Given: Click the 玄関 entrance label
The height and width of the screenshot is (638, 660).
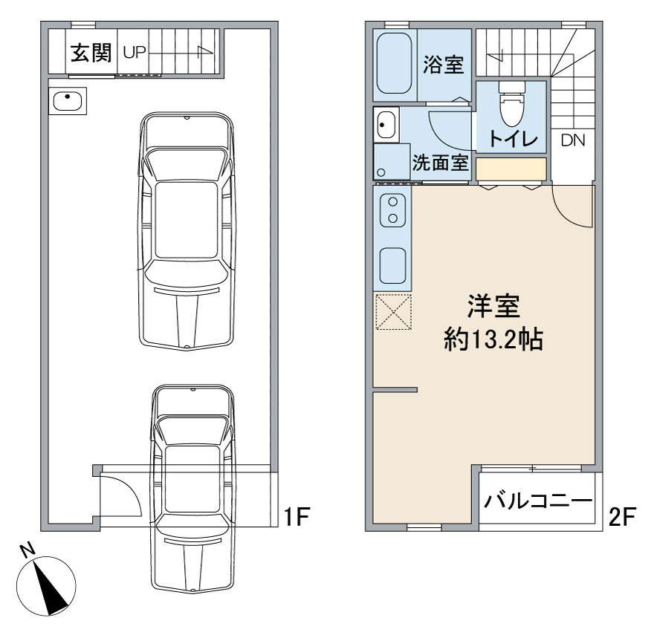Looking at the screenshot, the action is click(x=91, y=53).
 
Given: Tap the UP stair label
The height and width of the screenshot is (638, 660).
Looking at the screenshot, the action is click(x=135, y=53).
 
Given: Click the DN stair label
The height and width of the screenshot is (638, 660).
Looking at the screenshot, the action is click(x=573, y=140).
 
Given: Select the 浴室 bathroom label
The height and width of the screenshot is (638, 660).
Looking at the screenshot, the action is click(x=443, y=65).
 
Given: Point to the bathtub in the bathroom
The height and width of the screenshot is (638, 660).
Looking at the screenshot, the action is click(x=394, y=64).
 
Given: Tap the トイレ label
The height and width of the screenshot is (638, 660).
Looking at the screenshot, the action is click(x=514, y=138).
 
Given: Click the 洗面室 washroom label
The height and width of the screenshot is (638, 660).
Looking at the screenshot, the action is click(x=440, y=163).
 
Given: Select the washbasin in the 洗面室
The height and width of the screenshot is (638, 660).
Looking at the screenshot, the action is click(x=386, y=125).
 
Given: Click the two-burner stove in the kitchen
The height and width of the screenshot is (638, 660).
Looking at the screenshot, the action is click(x=392, y=210).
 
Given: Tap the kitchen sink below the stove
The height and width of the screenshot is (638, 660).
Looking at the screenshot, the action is click(x=392, y=266).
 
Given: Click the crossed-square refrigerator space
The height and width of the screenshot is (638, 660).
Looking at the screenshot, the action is click(x=393, y=312).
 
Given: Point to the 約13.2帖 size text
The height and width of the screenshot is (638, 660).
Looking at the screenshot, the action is click(x=494, y=339).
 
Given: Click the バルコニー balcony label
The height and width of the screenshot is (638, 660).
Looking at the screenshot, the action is click(x=538, y=501).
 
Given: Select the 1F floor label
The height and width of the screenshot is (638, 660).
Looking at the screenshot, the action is click(x=297, y=516).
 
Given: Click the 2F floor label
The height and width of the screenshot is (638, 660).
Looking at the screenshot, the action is click(x=621, y=517).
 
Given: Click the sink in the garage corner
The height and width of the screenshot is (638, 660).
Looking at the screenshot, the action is click(x=68, y=101).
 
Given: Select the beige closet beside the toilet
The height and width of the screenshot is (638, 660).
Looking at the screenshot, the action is click(x=511, y=169).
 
